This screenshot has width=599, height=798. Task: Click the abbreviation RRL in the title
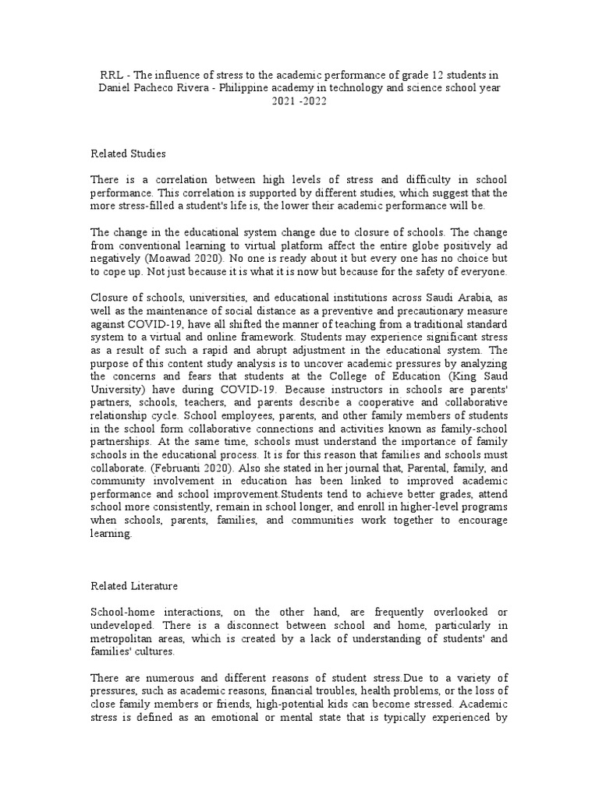point(112,75)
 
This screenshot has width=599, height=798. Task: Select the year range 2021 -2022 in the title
point(300,101)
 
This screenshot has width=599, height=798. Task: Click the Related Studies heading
point(129,154)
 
